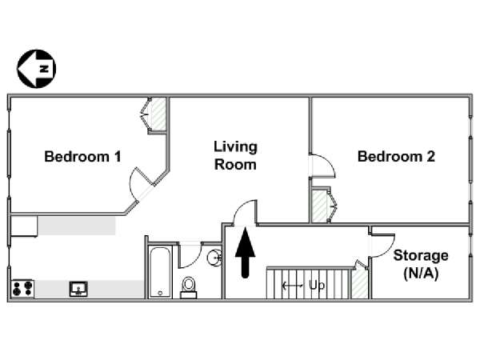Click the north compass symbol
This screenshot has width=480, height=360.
[x=37, y=69]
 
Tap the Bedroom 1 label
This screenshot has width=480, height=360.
[x=82, y=157]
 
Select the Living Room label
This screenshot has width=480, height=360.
[x=235, y=155]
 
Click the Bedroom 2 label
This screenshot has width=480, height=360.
[x=396, y=157]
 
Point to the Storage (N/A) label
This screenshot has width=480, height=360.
[x=421, y=265]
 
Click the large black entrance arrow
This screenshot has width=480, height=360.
[x=246, y=253]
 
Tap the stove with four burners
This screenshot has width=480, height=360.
[x=22, y=288]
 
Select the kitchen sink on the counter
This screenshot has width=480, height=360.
[x=78, y=289]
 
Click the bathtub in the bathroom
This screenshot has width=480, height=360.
[x=160, y=272]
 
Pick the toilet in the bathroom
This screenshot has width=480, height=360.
[x=188, y=287]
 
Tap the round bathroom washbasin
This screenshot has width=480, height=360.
[x=214, y=258]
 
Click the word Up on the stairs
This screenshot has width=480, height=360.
[x=317, y=286]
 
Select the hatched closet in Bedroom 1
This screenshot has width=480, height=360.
[x=159, y=114]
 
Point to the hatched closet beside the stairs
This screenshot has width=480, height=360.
[x=359, y=283]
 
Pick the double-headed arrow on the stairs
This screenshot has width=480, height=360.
[x=293, y=286]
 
